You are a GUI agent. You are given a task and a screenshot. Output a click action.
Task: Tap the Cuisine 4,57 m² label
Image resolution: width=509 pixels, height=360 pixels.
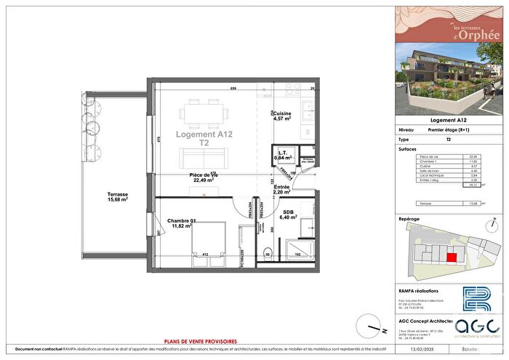point(281,116)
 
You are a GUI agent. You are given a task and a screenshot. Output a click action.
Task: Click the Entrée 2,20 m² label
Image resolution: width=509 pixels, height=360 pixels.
point(281,189)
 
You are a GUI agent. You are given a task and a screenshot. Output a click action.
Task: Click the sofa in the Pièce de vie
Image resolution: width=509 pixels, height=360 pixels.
point(205,159)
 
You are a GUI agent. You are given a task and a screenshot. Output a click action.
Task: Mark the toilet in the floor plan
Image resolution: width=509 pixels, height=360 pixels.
point(268,254)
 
